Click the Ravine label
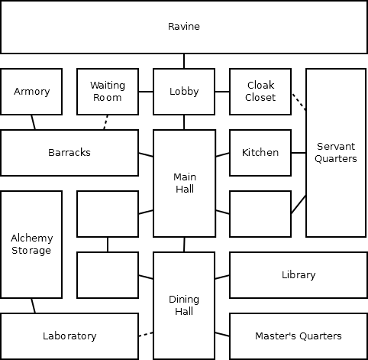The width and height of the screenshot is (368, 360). [184, 27]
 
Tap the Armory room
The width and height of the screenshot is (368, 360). [31, 92]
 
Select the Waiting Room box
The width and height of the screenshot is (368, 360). [108, 92]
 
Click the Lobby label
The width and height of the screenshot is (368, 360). [184, 92]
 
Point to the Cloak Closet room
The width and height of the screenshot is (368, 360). [260, 92]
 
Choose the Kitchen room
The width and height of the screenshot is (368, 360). [260, 153]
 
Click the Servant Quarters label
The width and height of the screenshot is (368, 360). [336, 152]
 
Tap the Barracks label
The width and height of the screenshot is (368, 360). [69, 153]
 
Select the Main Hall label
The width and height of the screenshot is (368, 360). [185, 183]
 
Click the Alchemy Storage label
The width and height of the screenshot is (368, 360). [31, 244]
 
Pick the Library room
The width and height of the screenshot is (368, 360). [299, 275]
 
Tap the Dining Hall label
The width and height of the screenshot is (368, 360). [184, 305]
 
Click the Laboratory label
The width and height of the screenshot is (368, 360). [69, 336]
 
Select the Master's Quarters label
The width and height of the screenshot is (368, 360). [299, 336]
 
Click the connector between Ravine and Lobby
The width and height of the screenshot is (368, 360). [184, 61]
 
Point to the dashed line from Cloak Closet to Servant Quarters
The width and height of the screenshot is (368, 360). [299, 102]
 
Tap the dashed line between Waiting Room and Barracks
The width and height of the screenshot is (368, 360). [105, 122]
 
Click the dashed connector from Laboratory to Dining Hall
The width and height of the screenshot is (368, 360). [146, 334]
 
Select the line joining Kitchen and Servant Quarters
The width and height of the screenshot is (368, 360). [299, 153]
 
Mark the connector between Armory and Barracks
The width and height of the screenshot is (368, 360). [34, 122]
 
